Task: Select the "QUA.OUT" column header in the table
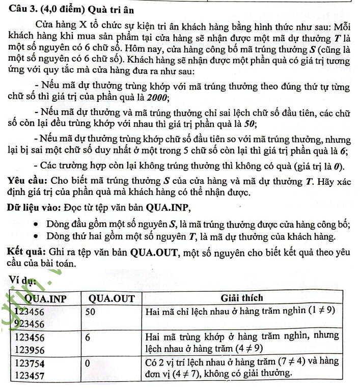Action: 112,298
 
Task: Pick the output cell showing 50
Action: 91,311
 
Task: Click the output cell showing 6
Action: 88,337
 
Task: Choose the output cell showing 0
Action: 88,362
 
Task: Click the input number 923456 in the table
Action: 29,323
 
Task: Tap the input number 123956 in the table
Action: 30,349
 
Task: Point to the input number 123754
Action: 30,362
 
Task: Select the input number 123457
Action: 30,375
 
